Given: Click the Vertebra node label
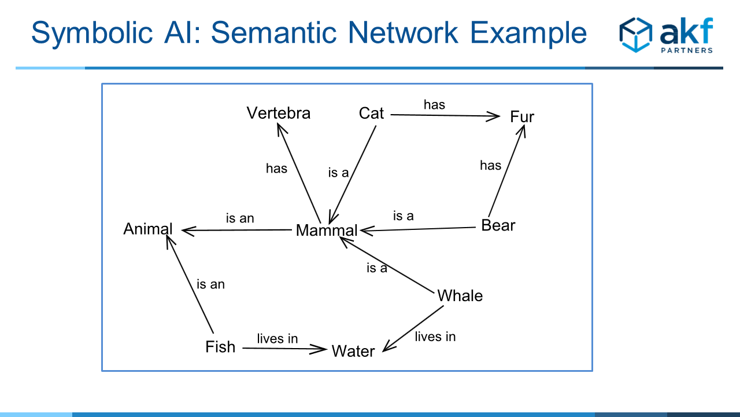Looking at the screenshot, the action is tap(279, 113).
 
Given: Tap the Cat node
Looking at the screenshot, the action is tap(371, 113).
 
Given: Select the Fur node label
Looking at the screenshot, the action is tap(522, 117).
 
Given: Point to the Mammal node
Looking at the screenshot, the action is tap(327, 231).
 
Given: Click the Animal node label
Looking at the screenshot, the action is tap(147, 229).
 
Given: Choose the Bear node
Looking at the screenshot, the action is tap(498, 225).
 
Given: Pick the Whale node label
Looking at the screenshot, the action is tap(460, 295).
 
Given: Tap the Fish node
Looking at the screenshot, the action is tap(220, 347).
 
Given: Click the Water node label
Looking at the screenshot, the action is tap(353, 351).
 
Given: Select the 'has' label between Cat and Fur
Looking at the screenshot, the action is tap(434, 105).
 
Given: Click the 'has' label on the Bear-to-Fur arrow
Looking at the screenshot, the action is tap(491, 166).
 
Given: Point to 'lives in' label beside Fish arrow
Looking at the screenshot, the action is tap(277, 339).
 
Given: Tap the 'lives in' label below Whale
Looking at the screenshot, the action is tap(435, 336).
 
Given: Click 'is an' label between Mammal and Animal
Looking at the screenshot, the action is tap(240, 218).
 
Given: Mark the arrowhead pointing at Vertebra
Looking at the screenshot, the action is tap(281, 129).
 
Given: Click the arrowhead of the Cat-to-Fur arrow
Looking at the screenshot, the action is tap(493, 116).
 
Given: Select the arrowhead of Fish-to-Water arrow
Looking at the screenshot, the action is tap(319, 349).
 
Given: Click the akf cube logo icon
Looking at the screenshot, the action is tap(635, 35).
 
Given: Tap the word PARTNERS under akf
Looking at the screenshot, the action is tap(687, 50).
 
